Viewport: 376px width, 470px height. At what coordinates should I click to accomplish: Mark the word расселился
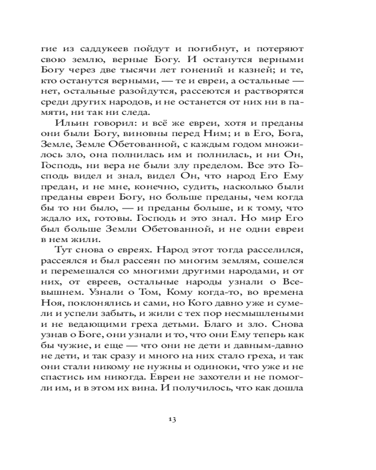tap(281, 249)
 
